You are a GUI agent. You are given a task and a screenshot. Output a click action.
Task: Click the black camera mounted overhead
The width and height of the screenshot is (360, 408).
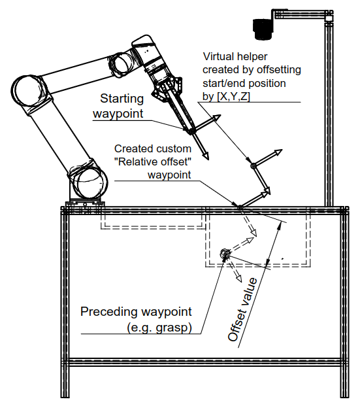[263, 29]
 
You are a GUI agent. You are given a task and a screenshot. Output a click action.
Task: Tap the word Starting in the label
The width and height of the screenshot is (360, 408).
[122, 99]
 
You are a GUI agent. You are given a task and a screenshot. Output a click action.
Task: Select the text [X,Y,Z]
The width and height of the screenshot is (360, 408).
[233, 97]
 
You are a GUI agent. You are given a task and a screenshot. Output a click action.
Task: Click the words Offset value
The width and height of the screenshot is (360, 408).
[242, 310]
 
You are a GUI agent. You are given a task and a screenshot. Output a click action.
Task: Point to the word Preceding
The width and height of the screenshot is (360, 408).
[108, 312]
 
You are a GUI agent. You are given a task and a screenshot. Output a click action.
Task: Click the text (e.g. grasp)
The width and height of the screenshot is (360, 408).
[159, 328]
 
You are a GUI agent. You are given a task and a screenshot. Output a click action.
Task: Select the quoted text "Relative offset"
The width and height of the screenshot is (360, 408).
[153, 162]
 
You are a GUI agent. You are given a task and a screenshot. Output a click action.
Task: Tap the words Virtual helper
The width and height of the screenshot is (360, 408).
[235, 56]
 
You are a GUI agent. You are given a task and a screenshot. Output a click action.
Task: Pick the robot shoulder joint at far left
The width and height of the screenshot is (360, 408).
[29, 93]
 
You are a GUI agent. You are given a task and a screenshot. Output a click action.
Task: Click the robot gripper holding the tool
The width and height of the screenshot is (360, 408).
[167, 86]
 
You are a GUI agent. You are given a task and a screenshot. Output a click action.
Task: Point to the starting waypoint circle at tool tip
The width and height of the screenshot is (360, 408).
[191, 131]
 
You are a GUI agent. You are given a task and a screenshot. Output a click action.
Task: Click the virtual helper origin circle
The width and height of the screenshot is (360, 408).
[254, 165]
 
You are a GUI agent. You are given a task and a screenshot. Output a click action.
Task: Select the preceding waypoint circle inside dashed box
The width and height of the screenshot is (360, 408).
[224, 254]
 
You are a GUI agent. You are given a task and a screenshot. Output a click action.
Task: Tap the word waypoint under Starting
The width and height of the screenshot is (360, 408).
[118, 114]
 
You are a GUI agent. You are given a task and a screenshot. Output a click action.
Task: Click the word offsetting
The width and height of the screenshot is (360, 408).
[278, 70]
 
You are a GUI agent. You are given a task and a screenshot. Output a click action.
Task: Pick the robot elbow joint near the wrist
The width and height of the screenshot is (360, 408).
[122, 63]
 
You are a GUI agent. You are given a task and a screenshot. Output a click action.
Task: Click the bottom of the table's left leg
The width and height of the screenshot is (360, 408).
[65, 403]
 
